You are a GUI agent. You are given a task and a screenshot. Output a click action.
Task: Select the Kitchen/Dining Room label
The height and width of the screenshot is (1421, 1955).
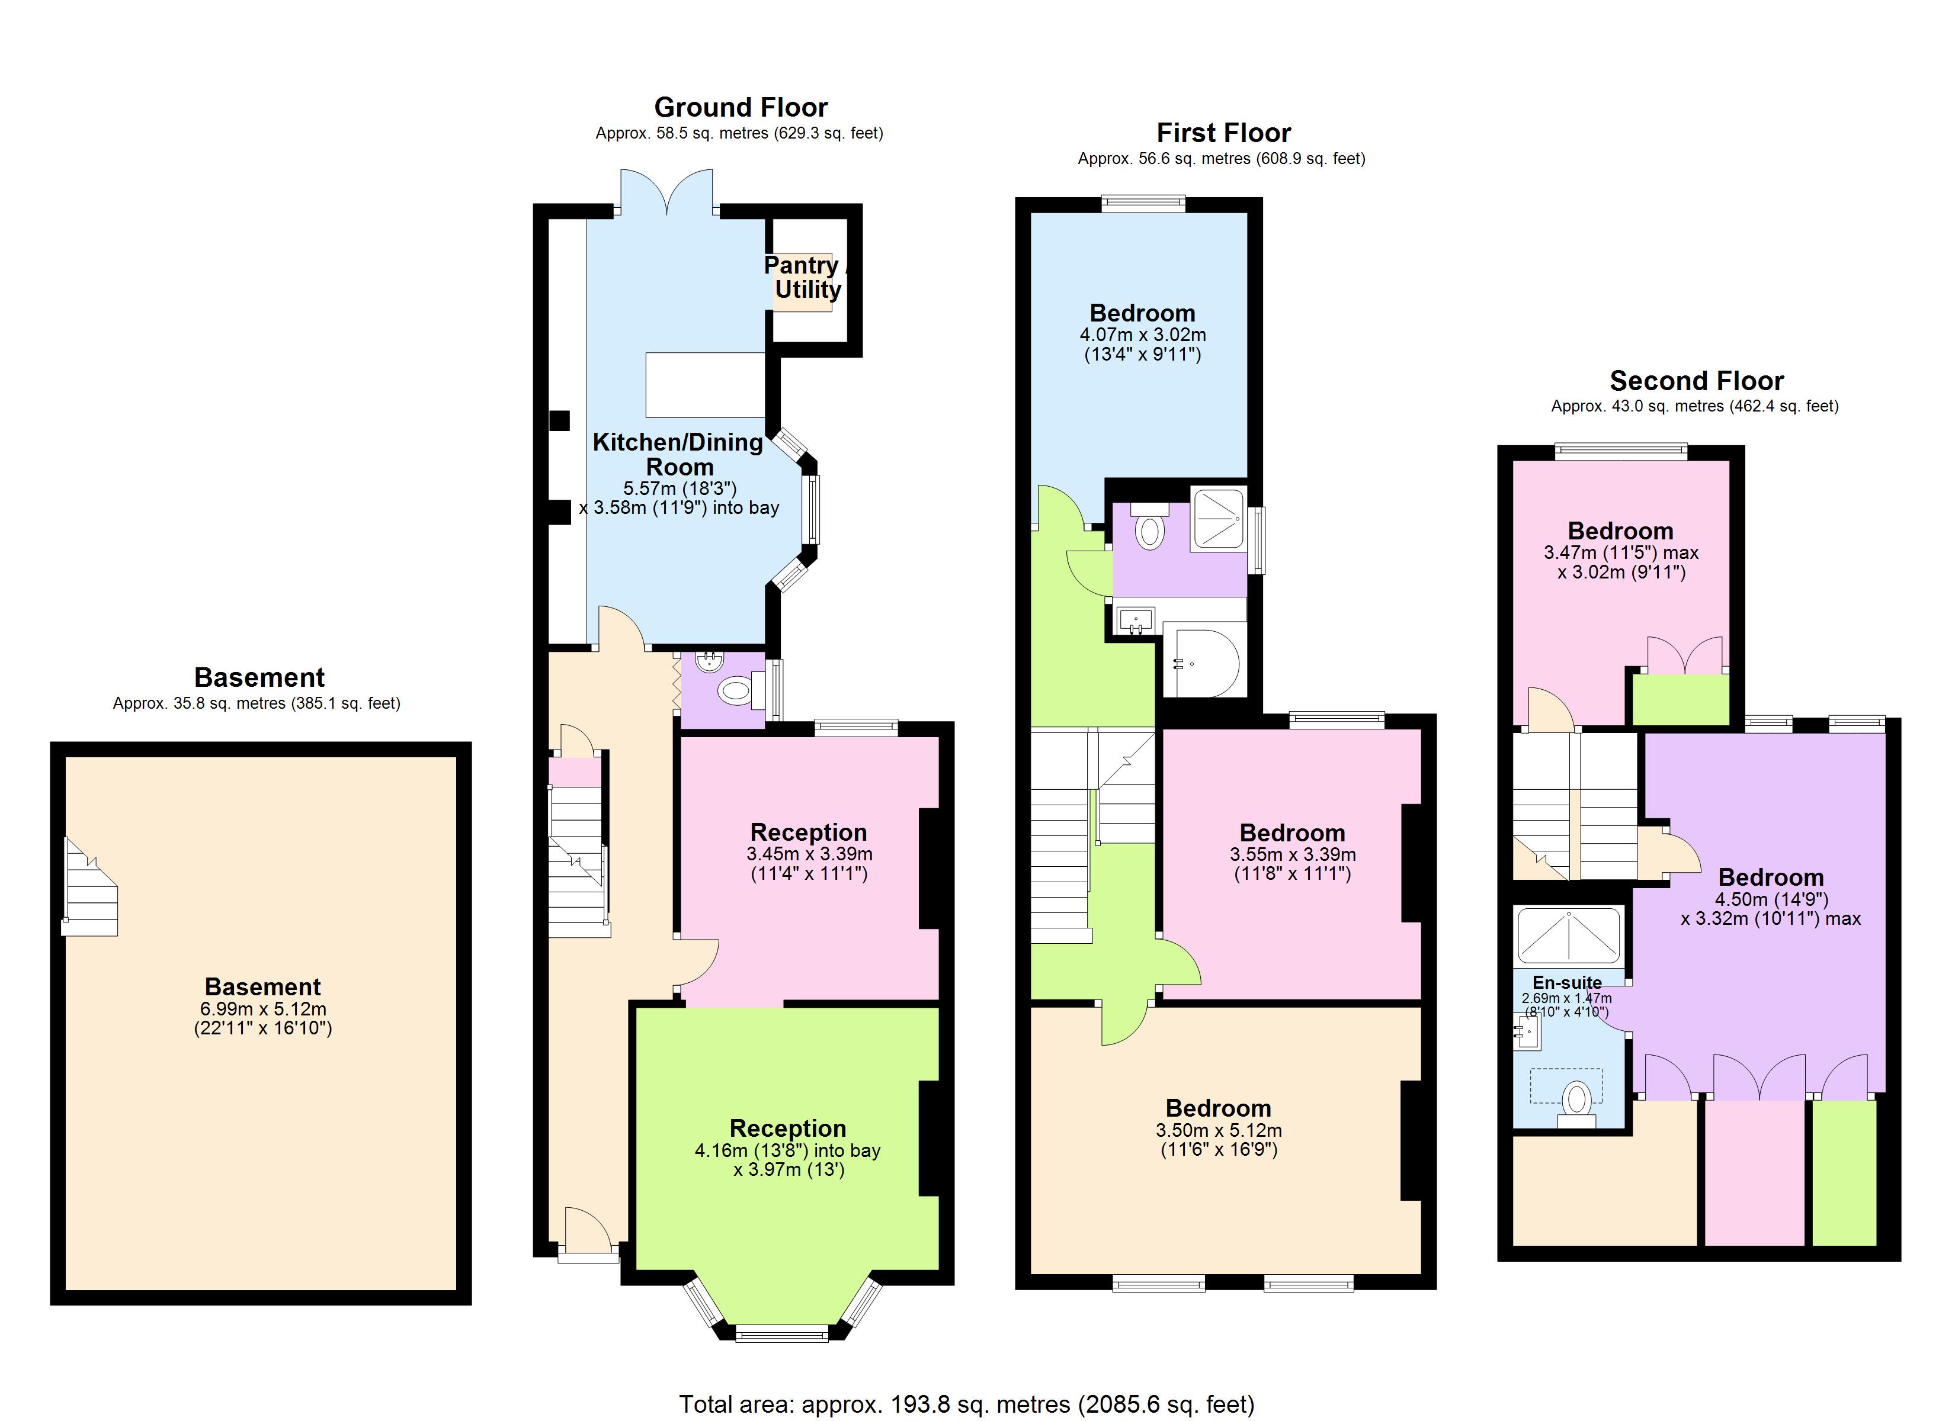[x=678, y=454]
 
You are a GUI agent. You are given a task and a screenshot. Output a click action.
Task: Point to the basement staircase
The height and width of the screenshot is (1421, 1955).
[x=89, y=888]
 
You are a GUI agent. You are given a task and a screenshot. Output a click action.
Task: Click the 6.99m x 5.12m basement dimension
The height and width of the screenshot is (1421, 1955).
[x=263, y=1009]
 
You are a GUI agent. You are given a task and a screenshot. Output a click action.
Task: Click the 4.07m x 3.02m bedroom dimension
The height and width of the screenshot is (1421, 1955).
[x=1142, y=335]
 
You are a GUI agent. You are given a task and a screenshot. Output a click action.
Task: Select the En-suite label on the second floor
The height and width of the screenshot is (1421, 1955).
[x=1567, y=982]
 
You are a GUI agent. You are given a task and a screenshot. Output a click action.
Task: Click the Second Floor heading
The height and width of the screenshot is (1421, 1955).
[x=1696, y=381]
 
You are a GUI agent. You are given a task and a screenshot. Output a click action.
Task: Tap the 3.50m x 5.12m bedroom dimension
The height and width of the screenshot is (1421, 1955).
[x=1218, y=1130]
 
